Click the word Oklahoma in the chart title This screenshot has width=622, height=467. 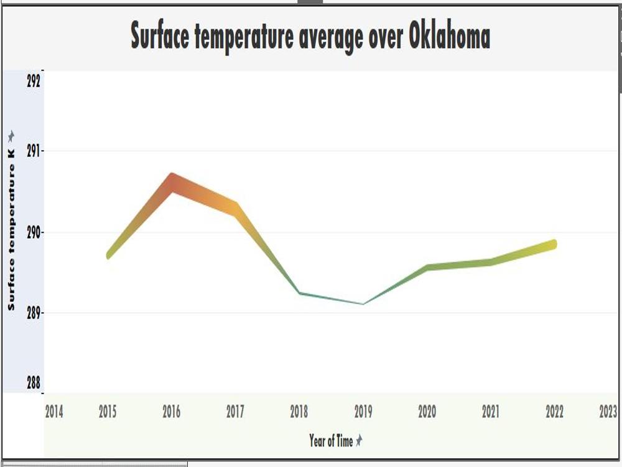coord(449,36)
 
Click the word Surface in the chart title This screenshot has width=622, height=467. coord(160,36)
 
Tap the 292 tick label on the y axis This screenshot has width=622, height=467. coord(34,81)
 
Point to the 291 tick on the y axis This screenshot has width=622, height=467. coord(34,151)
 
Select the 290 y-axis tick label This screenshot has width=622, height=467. coord(34,233)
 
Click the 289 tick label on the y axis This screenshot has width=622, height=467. coord(34,313)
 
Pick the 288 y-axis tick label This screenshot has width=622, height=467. coord(34,383)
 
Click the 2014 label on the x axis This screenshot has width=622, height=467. coord(54,412)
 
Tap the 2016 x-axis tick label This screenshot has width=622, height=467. coord(172,412)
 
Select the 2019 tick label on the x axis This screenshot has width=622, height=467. coord(363,412)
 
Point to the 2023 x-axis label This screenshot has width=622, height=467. coord(608,412)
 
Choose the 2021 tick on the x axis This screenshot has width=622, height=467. coord(491,412)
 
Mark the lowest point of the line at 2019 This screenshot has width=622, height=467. coord(363,304)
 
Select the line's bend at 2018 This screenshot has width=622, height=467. coord(300,293)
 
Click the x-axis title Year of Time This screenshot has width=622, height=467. coord(331,441)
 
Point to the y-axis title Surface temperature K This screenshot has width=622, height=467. coord(11,230)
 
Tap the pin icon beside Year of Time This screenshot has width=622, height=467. coord(359,440)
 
